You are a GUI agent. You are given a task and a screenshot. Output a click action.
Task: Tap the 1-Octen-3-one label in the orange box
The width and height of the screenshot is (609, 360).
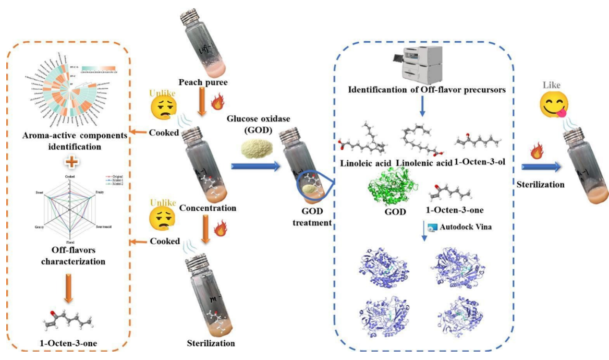(68, 343)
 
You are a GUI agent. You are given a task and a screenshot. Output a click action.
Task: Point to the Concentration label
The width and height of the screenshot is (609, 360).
(208, 208)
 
